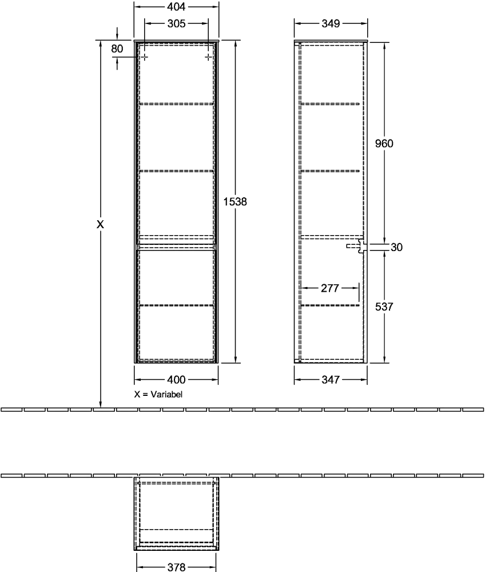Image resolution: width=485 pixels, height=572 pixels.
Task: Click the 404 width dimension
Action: (176, 6)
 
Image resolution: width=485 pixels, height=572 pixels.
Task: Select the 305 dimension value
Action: (177, 23)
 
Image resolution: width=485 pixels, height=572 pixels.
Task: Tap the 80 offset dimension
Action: (117, 49)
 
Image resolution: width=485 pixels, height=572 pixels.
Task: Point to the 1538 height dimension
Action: (235, 201)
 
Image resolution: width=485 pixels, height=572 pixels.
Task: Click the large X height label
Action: (100, 224)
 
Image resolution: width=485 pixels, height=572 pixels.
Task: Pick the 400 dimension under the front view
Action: (177, 380)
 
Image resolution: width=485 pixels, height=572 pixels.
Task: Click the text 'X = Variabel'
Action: (158, 394)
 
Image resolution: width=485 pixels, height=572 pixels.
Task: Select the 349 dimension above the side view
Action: (331, 23)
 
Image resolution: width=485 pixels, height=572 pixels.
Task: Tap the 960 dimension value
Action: (384, 144)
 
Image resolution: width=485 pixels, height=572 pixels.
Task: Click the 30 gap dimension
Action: (396, 247)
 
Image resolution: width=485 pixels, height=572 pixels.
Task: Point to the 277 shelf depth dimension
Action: (330, 288)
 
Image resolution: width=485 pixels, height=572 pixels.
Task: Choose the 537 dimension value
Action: (384, 307)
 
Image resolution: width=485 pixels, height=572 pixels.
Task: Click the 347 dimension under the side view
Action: (331, 380)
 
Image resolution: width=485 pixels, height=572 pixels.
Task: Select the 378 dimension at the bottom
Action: (177, 566)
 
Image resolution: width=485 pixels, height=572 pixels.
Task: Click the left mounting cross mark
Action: (145, 57)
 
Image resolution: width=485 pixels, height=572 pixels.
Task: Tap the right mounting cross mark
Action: (208, 57)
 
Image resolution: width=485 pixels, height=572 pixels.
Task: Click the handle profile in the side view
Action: (357, 246)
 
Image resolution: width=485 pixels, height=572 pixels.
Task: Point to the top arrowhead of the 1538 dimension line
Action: (236, 43)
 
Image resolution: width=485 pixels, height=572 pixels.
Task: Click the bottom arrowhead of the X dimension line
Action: (101, 404)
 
